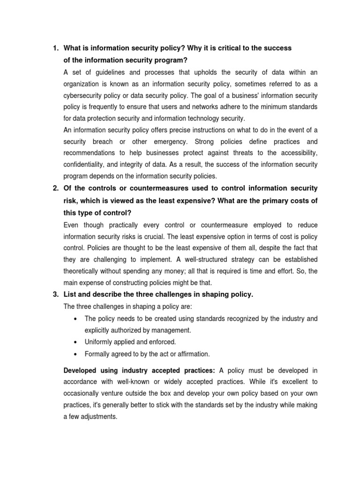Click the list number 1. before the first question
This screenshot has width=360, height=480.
tap(55, 48)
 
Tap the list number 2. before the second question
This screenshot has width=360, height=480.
tap(55, 188)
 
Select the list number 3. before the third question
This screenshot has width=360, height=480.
tap(55, 294)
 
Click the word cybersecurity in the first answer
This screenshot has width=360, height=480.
tap(82, 96)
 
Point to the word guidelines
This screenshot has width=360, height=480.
tap(111, 72)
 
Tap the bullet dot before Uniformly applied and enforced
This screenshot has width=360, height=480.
tap(75, 342)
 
